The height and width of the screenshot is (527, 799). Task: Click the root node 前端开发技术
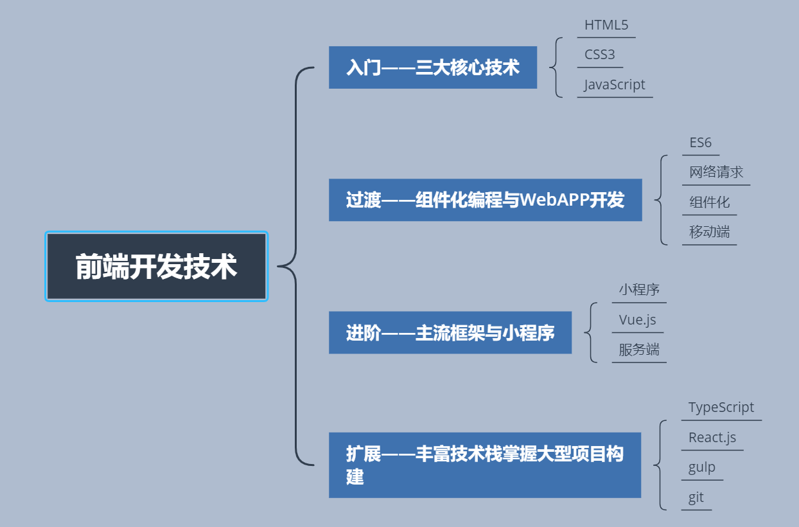(x=156, y=267)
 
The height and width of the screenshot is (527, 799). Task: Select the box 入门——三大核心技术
(x=432, y=67)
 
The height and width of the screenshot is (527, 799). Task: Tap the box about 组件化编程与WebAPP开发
(x=485, y=200)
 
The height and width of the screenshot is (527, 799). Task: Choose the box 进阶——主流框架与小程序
(x=450, y=333)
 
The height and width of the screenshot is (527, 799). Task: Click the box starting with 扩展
(x=485, y=465)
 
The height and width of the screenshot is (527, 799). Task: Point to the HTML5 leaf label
(x=606, y=26)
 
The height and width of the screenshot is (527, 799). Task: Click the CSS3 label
(x=599, y=55)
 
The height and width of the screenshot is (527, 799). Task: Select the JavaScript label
(x=615, y=85)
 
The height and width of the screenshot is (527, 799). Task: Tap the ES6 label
(x=700, y=143)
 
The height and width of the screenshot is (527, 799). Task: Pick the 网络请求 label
(x=716, y=172)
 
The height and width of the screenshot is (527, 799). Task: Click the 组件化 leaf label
(x=709, y=202)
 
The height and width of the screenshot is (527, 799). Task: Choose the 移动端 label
(x=709, y=232)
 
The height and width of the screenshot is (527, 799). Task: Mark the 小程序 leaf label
(x=639, y=290)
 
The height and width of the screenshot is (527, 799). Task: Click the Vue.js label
(x=637, y=320)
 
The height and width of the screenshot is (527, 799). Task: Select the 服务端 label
(x=639, y=350)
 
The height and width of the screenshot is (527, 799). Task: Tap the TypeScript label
(x=721, y=407)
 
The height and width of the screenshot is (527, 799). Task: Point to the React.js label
(x=712, y=438)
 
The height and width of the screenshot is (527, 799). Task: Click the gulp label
(x=701, y=468)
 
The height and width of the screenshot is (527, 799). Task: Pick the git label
(x=696, y=497)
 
